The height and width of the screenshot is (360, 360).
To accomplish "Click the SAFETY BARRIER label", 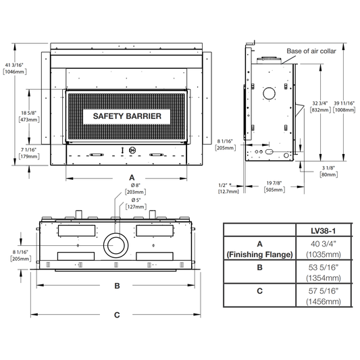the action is [127, 116].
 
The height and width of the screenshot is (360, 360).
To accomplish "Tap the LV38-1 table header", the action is [324, 231].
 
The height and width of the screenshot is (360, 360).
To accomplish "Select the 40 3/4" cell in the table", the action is [324, 244].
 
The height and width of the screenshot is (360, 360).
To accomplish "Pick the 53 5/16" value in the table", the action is [324, 267].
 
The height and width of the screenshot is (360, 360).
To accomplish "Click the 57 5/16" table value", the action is [324, 291].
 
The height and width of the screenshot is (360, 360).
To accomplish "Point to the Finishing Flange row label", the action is [259, 255].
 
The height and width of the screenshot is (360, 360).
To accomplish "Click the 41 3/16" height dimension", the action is [14, 66].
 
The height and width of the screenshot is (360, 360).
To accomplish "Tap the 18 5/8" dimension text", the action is [28, 113].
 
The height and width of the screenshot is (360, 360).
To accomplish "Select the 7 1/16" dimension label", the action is [28, 150].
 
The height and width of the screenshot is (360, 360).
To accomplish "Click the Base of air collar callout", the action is [311, 51].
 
